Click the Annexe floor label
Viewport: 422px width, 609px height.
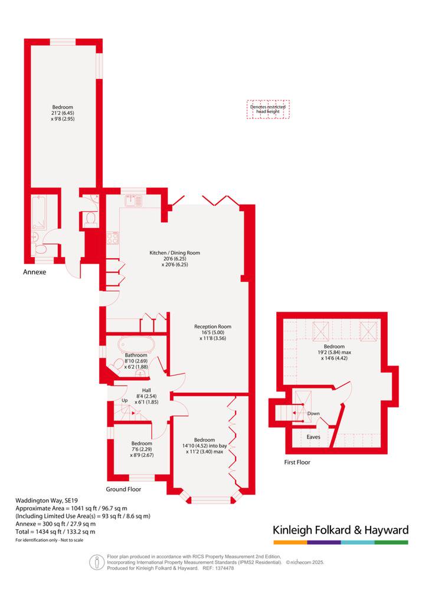click(35, 272)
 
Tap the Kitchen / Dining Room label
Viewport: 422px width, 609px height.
click(175, 253)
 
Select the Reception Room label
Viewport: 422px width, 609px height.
click(212, 327)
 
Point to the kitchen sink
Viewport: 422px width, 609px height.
click(134, 200)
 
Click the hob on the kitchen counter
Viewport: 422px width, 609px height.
click(113, 238)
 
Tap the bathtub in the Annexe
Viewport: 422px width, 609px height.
click(40, 212)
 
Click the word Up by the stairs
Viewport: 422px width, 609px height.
click(125, 400)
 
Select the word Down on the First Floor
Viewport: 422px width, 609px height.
click(313, 413)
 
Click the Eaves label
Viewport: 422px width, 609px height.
click(313, 437)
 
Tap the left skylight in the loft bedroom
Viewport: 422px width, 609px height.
click(321, 331)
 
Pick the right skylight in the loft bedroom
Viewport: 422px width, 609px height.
click(368, 331)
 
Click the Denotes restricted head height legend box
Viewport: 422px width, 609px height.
click(268, 109)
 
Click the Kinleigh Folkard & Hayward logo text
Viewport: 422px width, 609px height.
click(341, 530)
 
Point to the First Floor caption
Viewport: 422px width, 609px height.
click(297, 462)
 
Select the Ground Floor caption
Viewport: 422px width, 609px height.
click(124, 489)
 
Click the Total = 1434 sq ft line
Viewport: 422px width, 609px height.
click(55, 532)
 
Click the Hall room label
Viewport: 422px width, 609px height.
click(146, 390)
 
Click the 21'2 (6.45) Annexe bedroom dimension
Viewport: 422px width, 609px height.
click(63, 113)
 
